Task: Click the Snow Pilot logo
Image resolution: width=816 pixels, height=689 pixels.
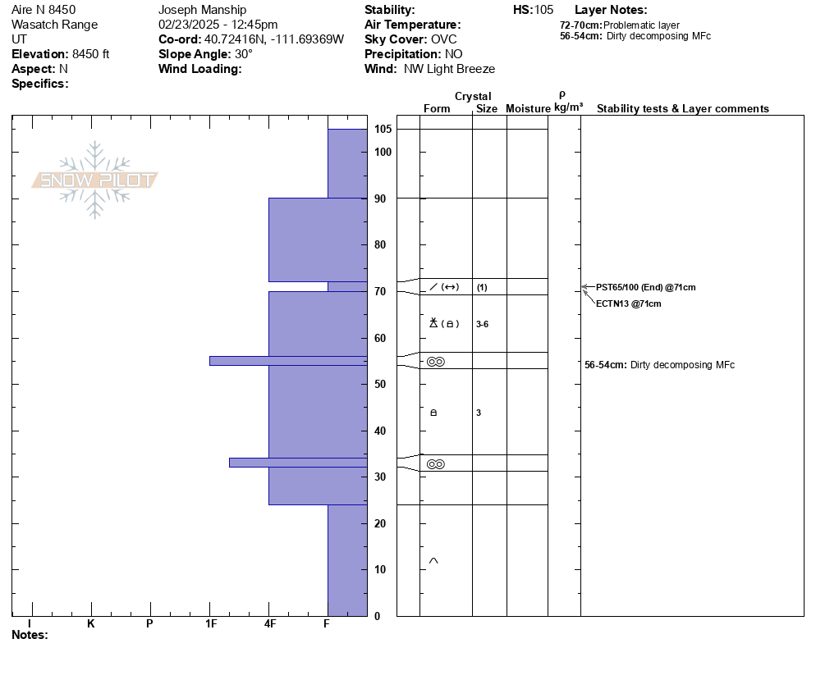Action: tap(95, 180)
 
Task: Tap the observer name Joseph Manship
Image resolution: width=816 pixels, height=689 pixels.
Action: tap(202, 10)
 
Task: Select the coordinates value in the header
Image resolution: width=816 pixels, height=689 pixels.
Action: tap(274, 39)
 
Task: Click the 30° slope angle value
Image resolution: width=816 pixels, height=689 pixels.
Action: tap(244, 54)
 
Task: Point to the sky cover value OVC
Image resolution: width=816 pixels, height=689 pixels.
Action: tap(445, 39)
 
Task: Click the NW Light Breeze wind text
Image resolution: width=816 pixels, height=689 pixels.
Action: tap(449, 69)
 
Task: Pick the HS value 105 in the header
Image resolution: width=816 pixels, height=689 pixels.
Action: tap(543, 10)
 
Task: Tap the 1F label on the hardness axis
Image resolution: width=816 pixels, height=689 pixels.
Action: tap(210, 623)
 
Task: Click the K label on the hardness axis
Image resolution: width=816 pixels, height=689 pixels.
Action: tap(90, 623)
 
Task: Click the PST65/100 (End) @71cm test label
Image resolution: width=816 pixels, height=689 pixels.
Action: tap(645, 287)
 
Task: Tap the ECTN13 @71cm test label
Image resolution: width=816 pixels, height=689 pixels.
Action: tap(628, 303)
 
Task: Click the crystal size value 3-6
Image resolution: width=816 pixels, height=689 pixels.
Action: tap(482, 324)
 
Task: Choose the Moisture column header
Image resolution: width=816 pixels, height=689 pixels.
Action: tap(528, 108)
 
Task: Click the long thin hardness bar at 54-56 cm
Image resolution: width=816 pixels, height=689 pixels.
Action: tap(287, 360)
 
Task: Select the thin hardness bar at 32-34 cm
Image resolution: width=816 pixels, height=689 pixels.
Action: tap(297, 463)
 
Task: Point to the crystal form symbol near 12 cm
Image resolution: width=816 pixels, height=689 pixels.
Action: tap(433, 561)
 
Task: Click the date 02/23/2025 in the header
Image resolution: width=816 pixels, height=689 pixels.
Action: tap(188, 25)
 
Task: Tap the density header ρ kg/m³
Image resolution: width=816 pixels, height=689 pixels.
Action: tap(567, 102)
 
